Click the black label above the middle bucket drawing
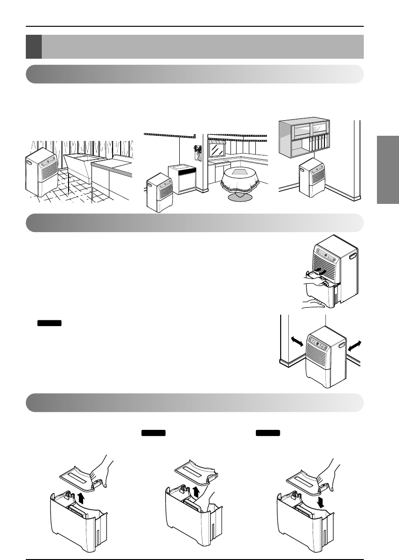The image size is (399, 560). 153,433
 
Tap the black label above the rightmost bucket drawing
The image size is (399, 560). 268,433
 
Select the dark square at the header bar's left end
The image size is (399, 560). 34,47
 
